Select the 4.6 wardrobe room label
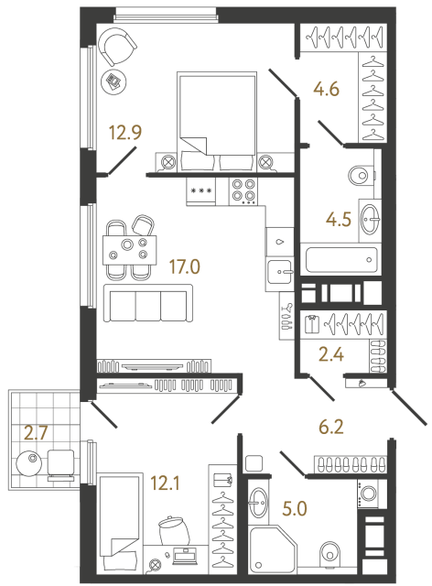click(x=328, y=90)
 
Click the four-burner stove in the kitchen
click(x=243, y=190)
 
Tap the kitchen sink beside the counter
click(x=278, y=268)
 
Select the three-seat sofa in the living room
click(x=147, y=303)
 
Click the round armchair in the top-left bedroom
click(x=117, y=44)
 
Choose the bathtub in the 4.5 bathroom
click(x=339, y=260)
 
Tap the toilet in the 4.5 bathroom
click(x=362, y=173)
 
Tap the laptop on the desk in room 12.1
click(x=189, y=553)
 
